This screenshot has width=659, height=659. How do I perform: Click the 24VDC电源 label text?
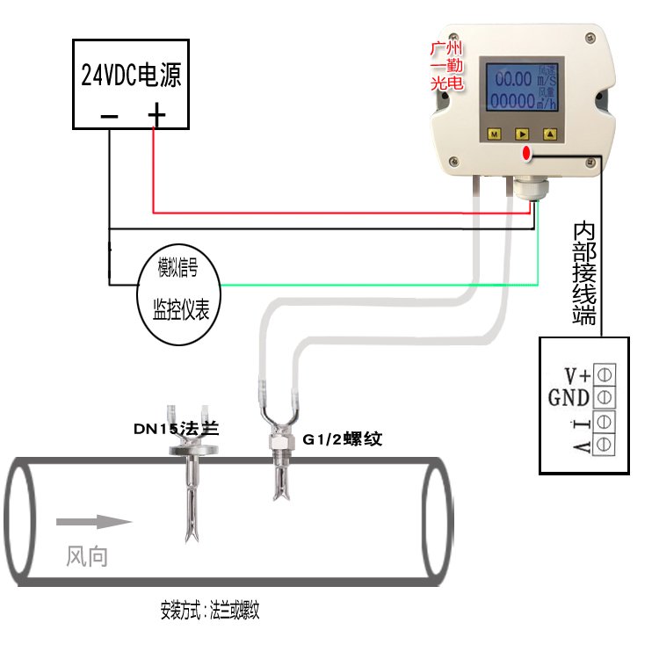pyautogui.click(x=131, y=76)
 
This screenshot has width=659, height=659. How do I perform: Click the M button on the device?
pyautogui.click(x=494, y=134)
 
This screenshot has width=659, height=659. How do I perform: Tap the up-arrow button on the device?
pyautogui.click(x=550, y=134)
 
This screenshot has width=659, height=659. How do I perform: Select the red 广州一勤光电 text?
pyautogui.click(x=446, y=66)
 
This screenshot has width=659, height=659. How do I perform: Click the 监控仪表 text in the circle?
pyautogui.click(x=181, y=308)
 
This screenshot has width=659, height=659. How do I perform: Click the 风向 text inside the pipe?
pyautogui.click(x=87, y=556)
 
